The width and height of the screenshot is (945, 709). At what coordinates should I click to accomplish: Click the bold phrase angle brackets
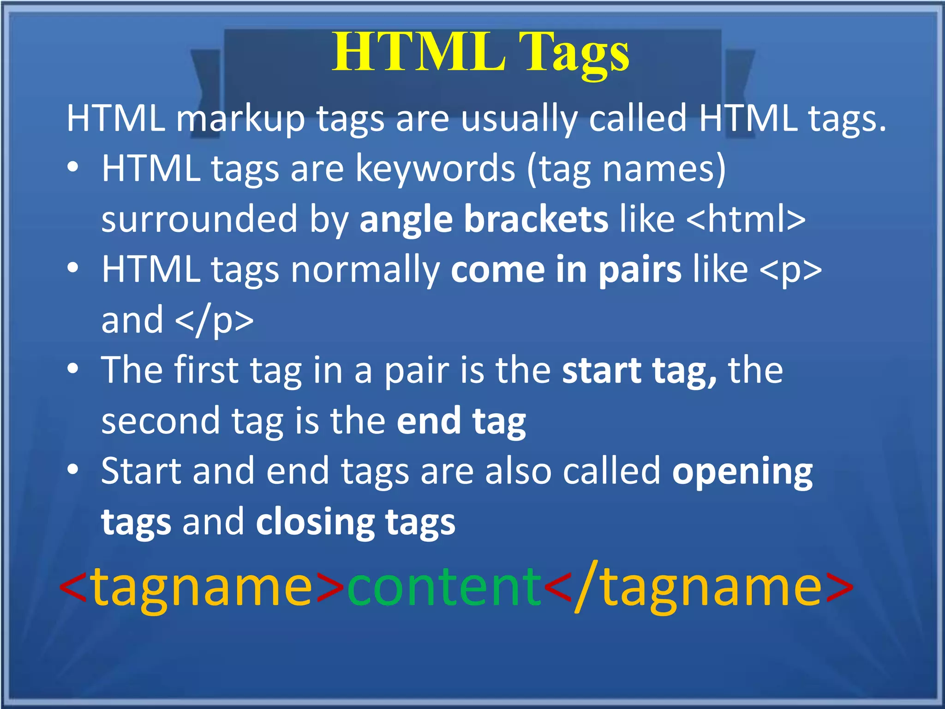click(484, 219)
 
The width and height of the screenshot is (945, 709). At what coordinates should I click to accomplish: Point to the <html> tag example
click(746, 219)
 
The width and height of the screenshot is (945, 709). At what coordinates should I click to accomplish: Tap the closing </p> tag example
click(215, 320)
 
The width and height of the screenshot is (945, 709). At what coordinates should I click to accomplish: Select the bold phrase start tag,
click(640, 370)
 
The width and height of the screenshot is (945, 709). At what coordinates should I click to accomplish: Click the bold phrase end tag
click(461, 421)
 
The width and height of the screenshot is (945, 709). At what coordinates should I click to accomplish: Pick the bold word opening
click(742, 471)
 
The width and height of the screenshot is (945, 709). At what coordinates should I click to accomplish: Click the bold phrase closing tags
click(355, 522)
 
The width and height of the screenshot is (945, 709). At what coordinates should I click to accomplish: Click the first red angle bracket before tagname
click(74, 587)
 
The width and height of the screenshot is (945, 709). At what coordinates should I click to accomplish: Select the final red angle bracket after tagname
click(839, 587)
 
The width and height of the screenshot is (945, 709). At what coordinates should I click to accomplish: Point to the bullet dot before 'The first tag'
click(72, 369)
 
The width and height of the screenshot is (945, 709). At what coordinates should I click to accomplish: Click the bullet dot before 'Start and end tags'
click(72, 470)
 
